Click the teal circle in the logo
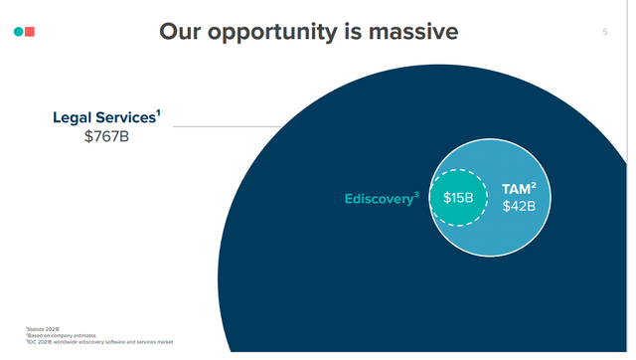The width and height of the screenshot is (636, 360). click(x=18, y=33)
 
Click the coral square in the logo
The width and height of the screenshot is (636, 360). click(x=31, y=33)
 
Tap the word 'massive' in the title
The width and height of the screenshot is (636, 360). click(x=408, y=32)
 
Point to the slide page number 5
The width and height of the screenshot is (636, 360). click(x=605, y=33)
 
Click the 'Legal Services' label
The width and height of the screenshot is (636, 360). click(x=102, y=118)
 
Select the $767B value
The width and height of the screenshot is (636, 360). click(x=107, y=137)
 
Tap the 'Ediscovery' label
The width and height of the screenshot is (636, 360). click(x=378, y=199)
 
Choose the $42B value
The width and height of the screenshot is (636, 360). click(x=518, y=206)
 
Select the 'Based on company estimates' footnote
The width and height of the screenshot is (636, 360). click(x=55, y=335)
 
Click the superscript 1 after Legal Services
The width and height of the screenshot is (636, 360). click(x=157, y=113)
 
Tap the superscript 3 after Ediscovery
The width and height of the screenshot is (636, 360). click(x=417, y=194)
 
